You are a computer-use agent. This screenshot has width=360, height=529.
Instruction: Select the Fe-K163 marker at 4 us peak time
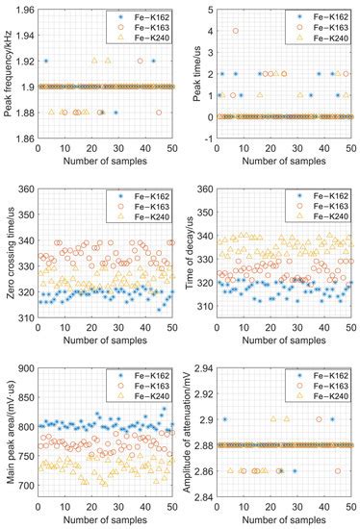[x=236, y=31]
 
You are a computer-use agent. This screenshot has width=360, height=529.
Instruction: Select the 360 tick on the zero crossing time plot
[x=28, y=189]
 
